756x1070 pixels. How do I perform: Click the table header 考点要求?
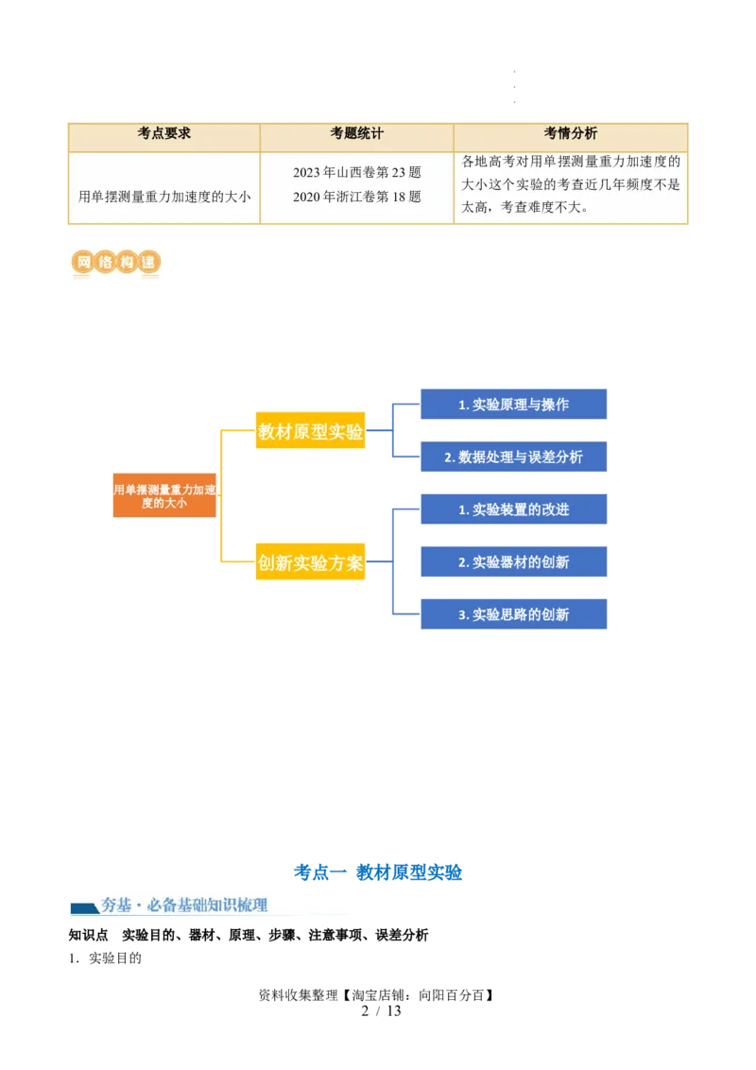(x=164, y=133)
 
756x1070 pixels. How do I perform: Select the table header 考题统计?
(x=356, y=133)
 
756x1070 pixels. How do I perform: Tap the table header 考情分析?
(x=570, y=133)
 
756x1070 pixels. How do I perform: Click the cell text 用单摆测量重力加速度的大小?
(x=164, y=197)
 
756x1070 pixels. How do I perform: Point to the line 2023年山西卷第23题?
(x=356, y=172)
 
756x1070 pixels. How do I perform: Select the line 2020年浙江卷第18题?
(x=356, y=197)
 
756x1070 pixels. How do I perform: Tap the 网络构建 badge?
(x=114, y=263)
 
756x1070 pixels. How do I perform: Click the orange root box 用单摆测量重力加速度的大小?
(x=164, y=495)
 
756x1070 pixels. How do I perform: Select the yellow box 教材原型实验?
(x=310, y=432)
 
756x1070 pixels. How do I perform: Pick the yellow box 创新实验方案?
(x=310, y=563)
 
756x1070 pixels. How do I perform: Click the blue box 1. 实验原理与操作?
(x=513, y=405)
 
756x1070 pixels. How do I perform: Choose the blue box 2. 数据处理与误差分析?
(x=513, y=457)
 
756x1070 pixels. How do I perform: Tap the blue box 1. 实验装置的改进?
(x=513, y=509)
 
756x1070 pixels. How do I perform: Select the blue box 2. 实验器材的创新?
(x=513, y=562)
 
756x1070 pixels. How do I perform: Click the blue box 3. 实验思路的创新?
(x=513, y=614)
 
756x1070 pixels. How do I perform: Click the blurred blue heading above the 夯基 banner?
(x=378, y=872)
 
